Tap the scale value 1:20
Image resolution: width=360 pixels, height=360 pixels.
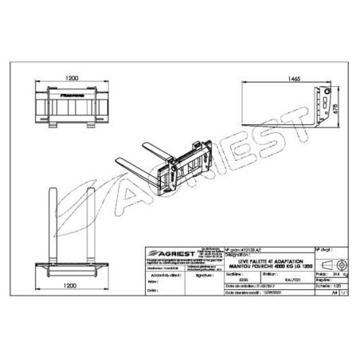click(324, 285)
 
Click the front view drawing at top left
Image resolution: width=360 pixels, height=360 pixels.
click(71, 108)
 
